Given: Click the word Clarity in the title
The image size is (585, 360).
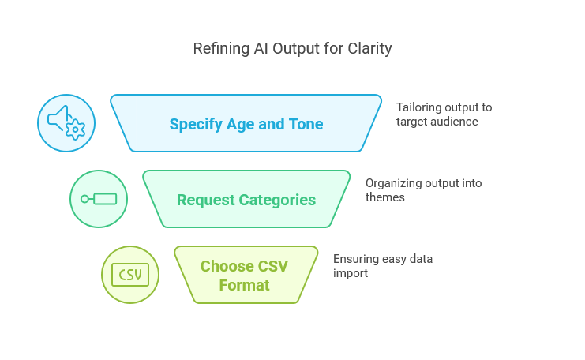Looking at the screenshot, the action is [369, 49].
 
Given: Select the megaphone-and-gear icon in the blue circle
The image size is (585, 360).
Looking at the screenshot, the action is [66, 123].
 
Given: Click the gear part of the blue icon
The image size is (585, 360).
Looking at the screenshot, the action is [75, 129].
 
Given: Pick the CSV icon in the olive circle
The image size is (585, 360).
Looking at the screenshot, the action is [130, 275].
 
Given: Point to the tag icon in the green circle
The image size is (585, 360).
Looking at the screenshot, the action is [99, 199].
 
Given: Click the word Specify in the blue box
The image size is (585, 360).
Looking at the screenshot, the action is [196, 125].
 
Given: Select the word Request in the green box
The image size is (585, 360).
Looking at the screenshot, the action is [206, 201].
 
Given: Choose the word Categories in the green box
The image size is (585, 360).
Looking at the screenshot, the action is [277, 201].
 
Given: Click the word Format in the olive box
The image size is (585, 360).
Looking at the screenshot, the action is [245, 285].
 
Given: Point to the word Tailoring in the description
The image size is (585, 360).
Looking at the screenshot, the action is [418, 108].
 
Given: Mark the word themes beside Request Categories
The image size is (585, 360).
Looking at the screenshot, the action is [385, 197].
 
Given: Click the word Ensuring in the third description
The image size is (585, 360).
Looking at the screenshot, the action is [355, 259].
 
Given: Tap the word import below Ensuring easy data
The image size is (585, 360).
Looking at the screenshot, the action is [351, 273].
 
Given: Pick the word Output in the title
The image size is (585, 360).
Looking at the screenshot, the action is [294, 49].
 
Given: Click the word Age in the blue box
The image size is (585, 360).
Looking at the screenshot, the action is [240, 125].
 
